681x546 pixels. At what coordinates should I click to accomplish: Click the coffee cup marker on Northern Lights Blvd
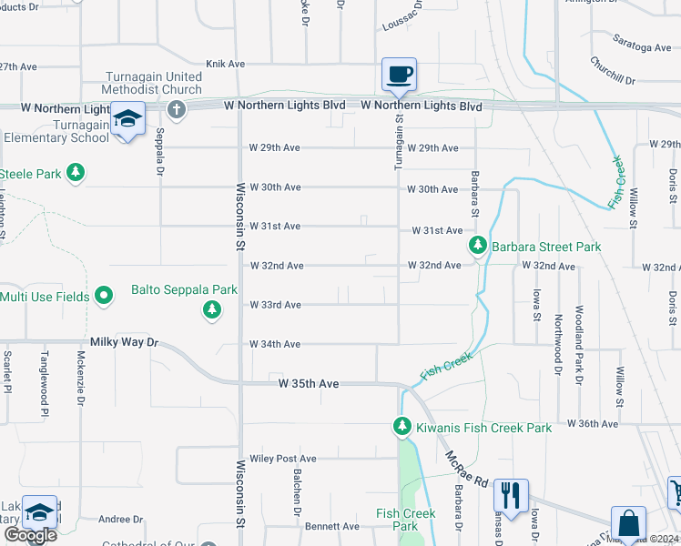pos(398,75)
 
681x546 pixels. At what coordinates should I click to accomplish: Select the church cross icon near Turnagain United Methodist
pos(177,110)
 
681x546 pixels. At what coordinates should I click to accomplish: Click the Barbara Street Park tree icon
pos(477,246)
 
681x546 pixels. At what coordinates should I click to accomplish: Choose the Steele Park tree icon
pos(76,173)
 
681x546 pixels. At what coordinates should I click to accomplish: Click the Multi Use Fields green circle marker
pos(104,296)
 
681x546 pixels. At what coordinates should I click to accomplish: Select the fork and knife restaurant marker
pos(511,496)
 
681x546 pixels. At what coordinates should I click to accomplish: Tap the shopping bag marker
pos(627,524)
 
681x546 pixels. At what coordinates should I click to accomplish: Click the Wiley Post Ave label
pos(283,459)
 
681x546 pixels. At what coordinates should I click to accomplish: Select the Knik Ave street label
pos(225,64)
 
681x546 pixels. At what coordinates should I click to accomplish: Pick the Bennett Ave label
pos(332,526)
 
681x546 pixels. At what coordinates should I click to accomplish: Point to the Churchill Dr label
pos(611,72)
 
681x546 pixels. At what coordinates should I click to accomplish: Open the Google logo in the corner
pos(30,535)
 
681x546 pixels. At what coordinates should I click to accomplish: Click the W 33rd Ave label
pos(275,305)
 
